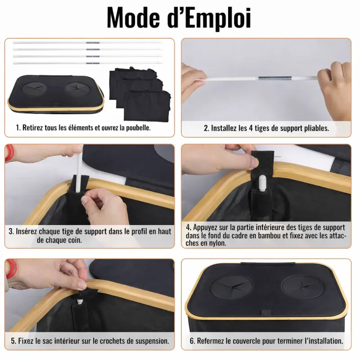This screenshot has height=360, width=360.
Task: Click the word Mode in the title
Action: click(x=133, y=18)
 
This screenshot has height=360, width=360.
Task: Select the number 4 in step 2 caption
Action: click(x=251, y=128)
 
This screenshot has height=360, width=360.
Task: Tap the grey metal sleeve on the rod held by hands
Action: click(x=275, y=78)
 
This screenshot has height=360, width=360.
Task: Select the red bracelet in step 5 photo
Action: click(x=11, y=269)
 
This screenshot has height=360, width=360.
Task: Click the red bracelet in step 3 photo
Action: click(x=9, y=153)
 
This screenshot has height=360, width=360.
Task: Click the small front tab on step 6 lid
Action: click(x=266, y=313)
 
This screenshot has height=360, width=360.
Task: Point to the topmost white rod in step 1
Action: click(x=88, y=42)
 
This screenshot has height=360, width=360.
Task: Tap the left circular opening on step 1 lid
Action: click(x=35, y=88)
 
